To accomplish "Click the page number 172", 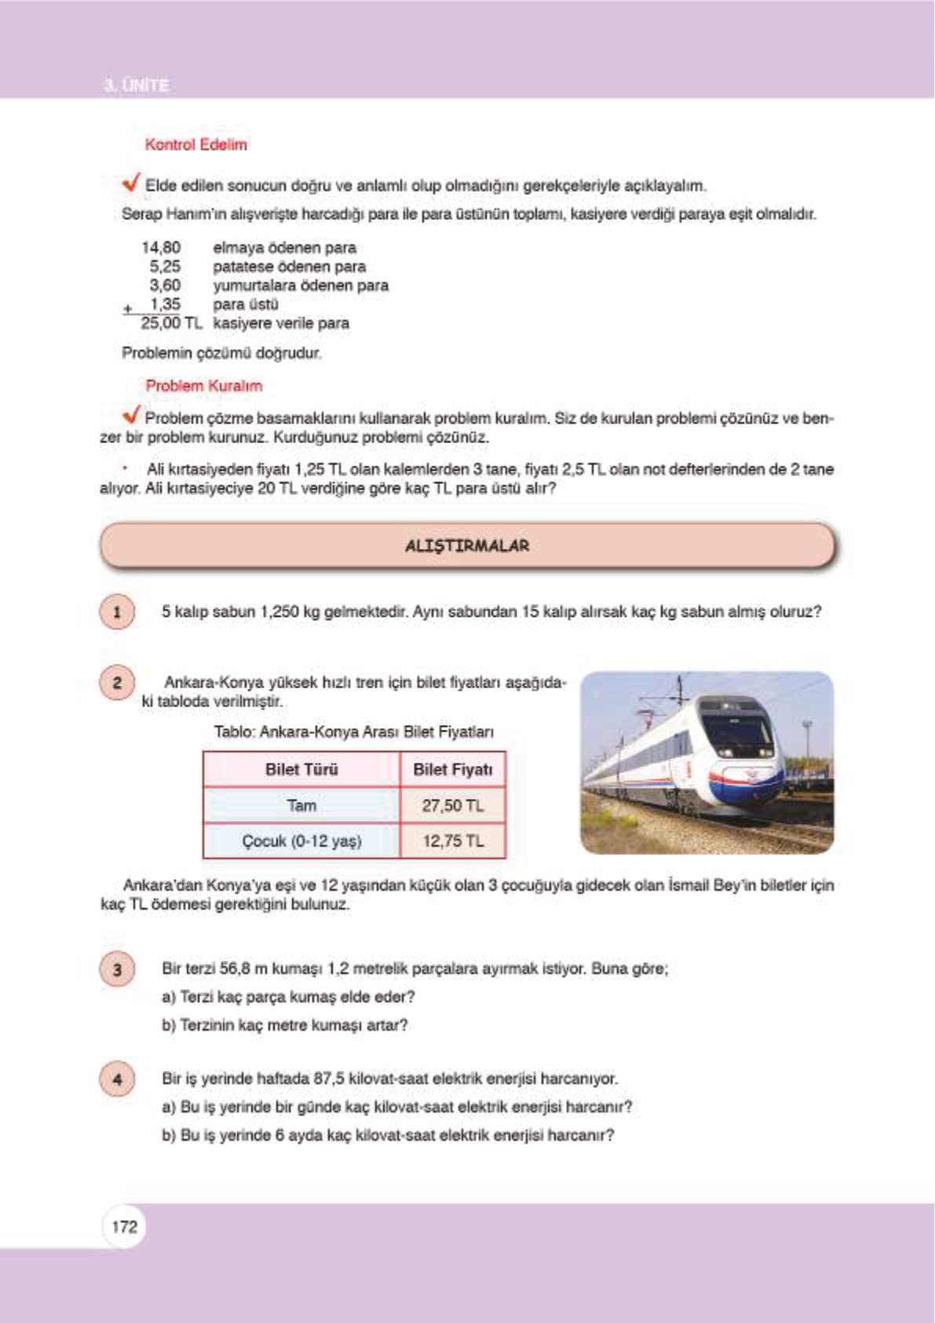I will click(x=124, y=1226).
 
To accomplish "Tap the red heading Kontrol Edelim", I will click(x=195, y=145).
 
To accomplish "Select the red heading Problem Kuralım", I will click(x=203, y=386).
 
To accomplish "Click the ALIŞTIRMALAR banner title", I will click(x=467, y=545).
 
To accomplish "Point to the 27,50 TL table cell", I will click(x=453, y=805).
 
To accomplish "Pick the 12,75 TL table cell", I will click(x=453, y=841).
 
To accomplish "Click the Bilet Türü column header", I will click(x=301, y=769).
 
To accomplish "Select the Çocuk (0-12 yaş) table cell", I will click(x=301, y=841).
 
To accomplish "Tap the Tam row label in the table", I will click(x=301, y=805).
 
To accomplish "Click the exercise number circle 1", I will click(x=117, y=612).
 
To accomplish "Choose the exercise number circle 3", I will click(x=117, y=969).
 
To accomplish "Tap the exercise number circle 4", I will click(x=117, y=1079).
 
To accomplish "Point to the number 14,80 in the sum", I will click(x=161, y=247).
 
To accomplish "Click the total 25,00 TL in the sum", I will click(x=170, y=323).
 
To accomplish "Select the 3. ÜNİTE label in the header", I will click(x=137, y=85).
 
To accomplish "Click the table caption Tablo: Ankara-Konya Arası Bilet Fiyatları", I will click(x=354, y=732).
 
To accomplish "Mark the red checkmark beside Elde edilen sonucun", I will click(x=131, y=182).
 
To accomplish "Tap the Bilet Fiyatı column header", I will click(x=453, y=769).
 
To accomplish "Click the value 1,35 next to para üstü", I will click(x=165, y=304).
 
